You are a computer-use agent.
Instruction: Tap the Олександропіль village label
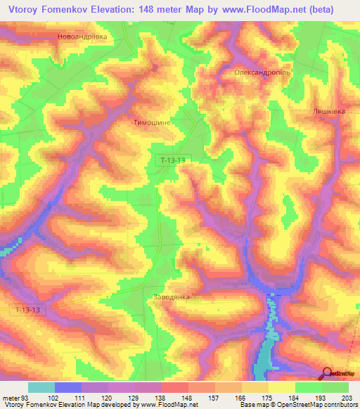click(x=261, y=72)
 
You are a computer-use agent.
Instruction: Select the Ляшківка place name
click(x=328, y=111)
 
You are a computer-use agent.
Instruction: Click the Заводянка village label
click(x=171, y=297)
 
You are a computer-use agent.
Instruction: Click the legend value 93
click(x=24, y=397)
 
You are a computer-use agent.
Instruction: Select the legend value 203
click(x=345, y=397)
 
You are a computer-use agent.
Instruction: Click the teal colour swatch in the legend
click(x=41, y=387)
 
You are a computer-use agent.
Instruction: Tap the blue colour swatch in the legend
click(x=67, y=387)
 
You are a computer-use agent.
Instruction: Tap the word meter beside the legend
click(x=10, y=397)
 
